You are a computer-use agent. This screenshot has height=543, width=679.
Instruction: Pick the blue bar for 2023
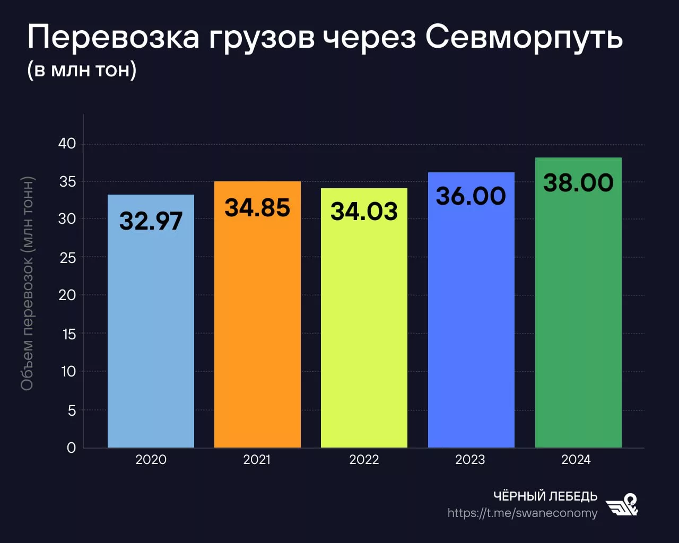coord(471,329)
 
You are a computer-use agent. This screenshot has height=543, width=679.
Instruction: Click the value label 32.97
coord(151,221)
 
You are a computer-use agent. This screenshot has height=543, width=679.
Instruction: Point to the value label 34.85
coord(257,207)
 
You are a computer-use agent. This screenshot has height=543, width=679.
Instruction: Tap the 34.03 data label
coord(364,212)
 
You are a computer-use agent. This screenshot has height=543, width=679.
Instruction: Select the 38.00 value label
coord(578,183)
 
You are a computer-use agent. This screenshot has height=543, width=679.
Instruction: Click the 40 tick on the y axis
coord(67,144)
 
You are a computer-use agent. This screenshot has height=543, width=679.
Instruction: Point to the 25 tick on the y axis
coord(67,258)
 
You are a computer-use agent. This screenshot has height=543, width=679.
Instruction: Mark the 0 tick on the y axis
coord(71,448)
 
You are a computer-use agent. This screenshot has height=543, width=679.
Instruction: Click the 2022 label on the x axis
coord(364,460)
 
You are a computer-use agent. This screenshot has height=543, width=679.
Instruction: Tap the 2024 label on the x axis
coord(576,460)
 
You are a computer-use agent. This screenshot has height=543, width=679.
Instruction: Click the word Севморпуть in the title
coord(524,38)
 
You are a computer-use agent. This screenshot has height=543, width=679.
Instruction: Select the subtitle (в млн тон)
coord(82,69)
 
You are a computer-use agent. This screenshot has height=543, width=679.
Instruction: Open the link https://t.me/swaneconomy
coord(522,513)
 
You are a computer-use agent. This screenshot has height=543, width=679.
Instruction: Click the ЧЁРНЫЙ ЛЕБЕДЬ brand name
coord(545,496)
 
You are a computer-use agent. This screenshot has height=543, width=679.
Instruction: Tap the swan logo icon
coord(623,505)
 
